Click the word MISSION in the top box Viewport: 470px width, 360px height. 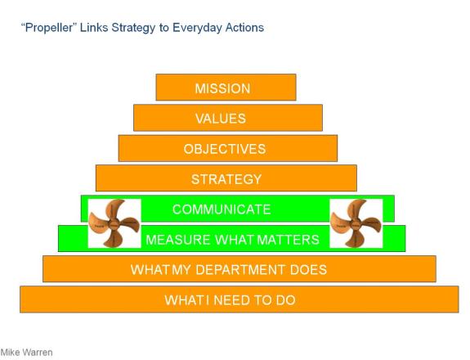coord(222,88)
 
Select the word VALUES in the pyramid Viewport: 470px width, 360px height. coord(221,119)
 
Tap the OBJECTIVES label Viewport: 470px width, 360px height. coord(225,149)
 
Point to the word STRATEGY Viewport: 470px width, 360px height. coord(226,179)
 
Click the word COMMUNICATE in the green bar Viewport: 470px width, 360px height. coord(222,209)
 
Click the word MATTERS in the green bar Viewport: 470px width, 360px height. coord(289,240)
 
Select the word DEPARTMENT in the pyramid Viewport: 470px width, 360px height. coord(240,270)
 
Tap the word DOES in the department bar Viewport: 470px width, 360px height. coord(308,270)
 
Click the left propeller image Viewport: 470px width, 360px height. coord(114,223)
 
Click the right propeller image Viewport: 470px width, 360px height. coord(356,223)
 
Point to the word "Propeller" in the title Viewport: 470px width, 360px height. coord(47,28)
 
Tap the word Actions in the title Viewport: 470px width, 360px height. coord(244,28)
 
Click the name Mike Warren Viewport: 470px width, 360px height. coord(26,352)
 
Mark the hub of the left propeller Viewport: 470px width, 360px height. coord(114,224)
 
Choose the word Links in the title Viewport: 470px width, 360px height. coord(94,28)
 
